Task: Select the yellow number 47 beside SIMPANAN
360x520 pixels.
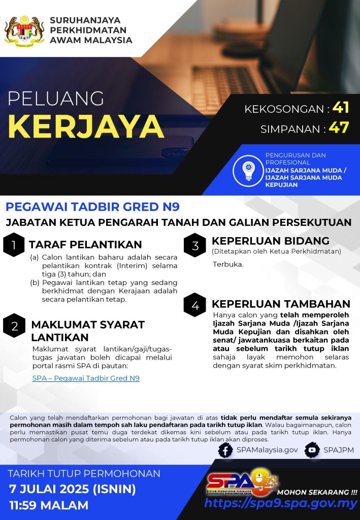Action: click(x=339, y=127)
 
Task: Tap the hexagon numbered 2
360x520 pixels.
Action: click(x=14, y=326)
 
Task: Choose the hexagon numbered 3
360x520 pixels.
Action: click(x=195, y=246)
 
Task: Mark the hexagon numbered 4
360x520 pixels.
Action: click(x=195, y=305)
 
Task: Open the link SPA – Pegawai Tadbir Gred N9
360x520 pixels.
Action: click(x=85, y=378)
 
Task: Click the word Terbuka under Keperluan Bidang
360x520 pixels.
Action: click(x=228, y=265)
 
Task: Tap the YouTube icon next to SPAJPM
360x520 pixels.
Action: click(x=312, y=450)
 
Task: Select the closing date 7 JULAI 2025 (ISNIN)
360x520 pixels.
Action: click(x=73, y=490)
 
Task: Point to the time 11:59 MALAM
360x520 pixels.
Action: click(x=49, y=505)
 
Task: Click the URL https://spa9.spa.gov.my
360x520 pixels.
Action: click(x=281, y=504)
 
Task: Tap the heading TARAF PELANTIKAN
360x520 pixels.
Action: click(x=85, y=245)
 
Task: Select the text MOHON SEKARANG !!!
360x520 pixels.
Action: click(x=317, y=492)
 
